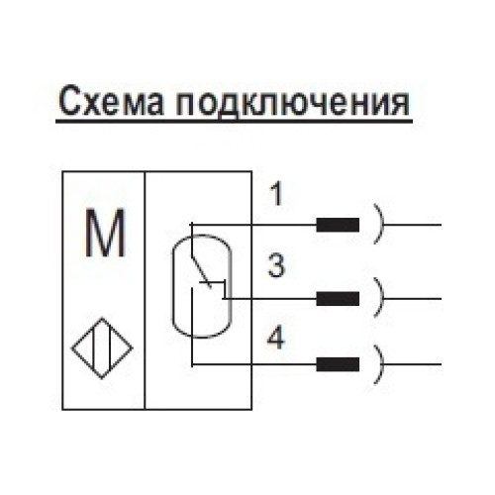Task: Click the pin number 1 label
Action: (277, 195)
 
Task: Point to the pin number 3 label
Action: (277, 266)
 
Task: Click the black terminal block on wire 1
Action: (338, 225)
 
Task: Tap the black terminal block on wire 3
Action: (338, 297)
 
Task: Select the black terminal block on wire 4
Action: (338, 362)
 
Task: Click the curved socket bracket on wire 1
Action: (379, 225)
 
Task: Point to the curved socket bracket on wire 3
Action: (379, 296)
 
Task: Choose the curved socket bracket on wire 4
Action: (379, 362)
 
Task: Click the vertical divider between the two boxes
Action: (146, 289)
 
